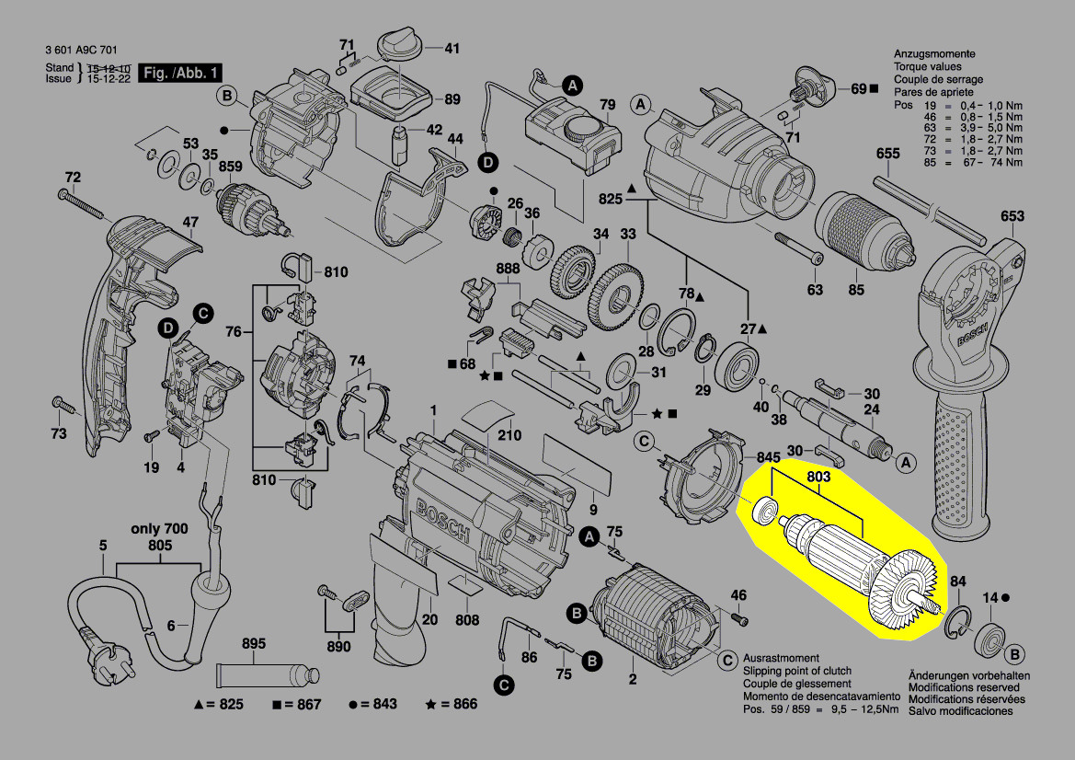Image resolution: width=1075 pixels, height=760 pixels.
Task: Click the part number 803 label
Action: pos(818,477)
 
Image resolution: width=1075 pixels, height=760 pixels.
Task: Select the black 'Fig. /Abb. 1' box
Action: pos(178,74)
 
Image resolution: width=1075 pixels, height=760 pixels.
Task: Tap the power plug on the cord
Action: pos(89,639)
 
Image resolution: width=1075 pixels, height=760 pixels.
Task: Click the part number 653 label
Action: pos(1012,216)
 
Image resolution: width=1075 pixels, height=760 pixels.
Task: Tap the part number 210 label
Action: pos(509,435)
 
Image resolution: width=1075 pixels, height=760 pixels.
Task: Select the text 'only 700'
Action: pos(159,528)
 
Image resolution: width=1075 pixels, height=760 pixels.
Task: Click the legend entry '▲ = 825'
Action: pos(218,705)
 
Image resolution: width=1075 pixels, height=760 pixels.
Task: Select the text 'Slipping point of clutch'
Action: pos(796,672)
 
